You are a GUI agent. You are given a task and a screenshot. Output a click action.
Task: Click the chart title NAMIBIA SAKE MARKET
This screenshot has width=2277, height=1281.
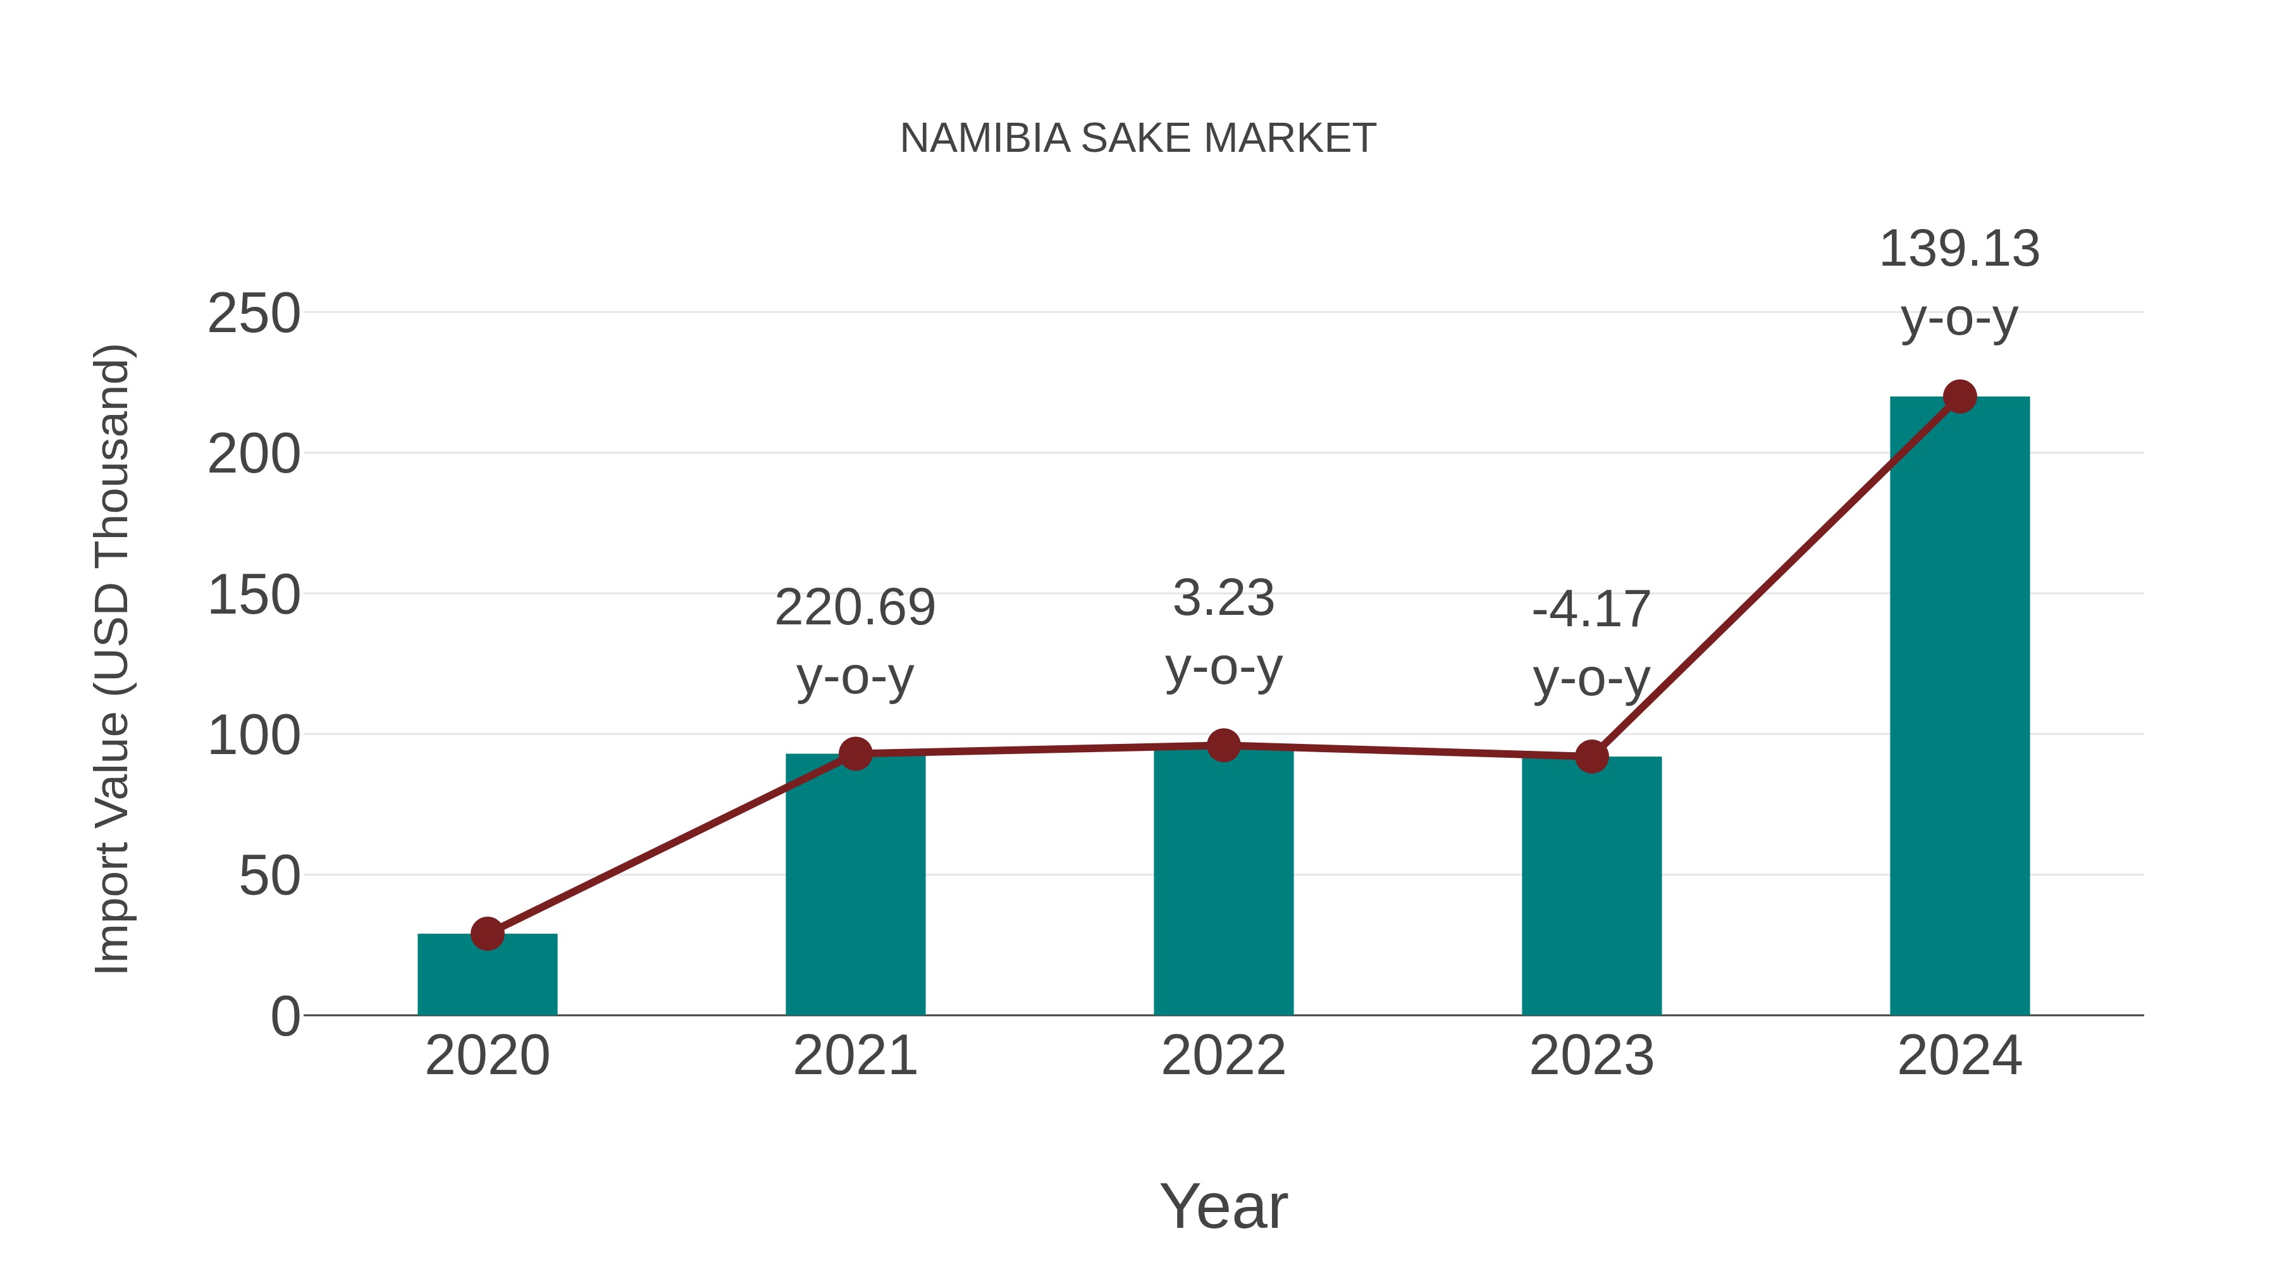pyautogui.click(x=1138, y=139)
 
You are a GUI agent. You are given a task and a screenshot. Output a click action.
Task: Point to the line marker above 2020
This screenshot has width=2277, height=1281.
pyautogui.click(x=487, y=934)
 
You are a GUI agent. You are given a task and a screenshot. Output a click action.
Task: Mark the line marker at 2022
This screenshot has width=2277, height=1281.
pyautogui.click(x=1223, y=745)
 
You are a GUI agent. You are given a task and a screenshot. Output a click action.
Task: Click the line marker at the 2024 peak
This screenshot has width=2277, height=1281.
pyautogui.click(x=1959, y=397)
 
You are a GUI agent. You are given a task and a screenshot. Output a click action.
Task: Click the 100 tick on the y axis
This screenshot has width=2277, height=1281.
pyautogui.click(x=254, y=736)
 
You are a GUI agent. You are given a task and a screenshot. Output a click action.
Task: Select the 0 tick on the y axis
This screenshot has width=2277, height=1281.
pyautogui.click(x=285, y=1017)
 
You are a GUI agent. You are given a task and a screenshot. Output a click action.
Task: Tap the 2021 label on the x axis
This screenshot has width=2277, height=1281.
pyautogui.click(x=855, y=1056)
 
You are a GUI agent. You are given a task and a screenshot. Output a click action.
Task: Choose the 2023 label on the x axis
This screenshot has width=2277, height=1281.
pyautogui.click(x=1591, y=1056)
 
